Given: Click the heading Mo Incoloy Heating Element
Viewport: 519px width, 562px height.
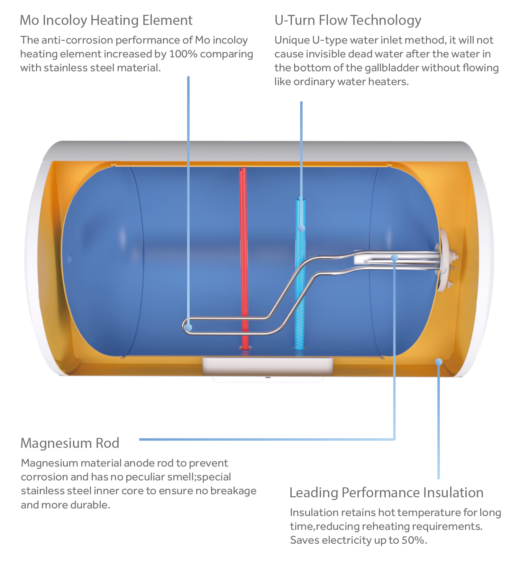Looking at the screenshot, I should coord(106,20).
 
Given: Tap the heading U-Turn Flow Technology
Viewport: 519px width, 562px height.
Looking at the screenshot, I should coord(348,20).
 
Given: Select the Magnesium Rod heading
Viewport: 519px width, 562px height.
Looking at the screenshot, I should coord(70,443).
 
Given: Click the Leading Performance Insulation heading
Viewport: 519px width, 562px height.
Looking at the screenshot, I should coord(386,492).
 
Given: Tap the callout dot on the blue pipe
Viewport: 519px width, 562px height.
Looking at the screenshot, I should coord(301,228).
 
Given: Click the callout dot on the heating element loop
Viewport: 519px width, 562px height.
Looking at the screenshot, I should coord(189,327).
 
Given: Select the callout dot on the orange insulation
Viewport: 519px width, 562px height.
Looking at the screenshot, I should coord(439,362).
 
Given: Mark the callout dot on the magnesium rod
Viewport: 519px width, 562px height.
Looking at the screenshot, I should coord(394,258).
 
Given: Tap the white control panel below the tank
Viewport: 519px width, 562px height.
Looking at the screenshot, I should coord(267,367).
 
